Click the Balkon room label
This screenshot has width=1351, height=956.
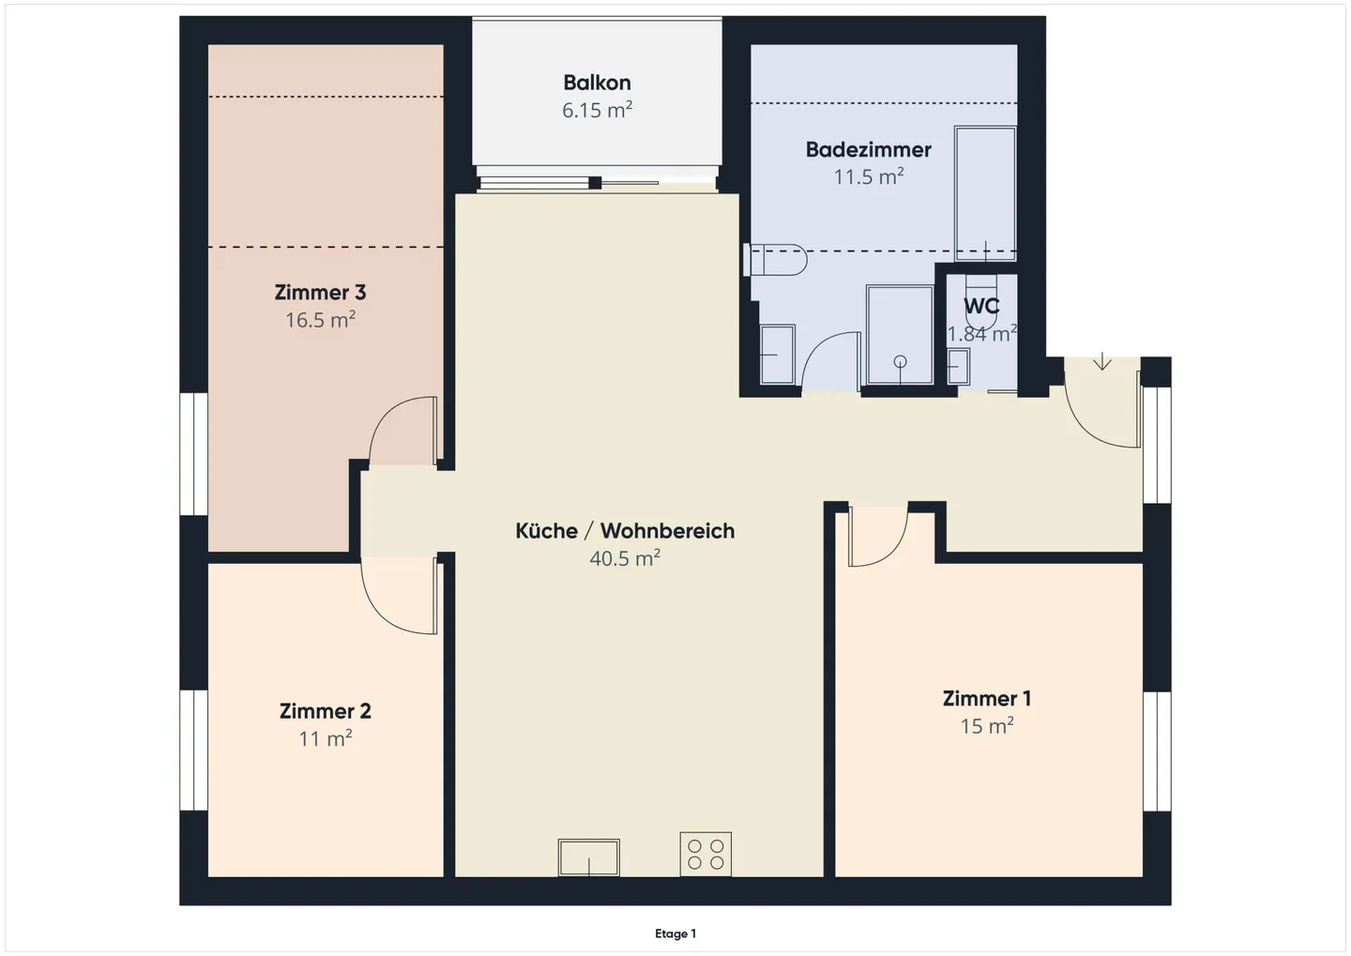[597, 83]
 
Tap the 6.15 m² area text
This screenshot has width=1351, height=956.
[597, 110]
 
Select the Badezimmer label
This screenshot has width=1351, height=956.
[869, 149]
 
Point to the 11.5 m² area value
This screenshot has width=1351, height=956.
[869, 176]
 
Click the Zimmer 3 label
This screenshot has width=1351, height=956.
[320, 293]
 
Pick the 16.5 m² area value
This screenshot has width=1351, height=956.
[320, 320]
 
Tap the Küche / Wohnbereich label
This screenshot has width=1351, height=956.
[625, 531]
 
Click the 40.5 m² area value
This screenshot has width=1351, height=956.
[625, 558]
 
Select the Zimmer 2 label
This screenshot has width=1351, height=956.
[325, 712]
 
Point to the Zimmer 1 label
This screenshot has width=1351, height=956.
[987, 698]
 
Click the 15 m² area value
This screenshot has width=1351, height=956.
[987, 725]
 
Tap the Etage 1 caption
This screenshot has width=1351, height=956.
[675, 933]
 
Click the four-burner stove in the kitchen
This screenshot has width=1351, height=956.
[706, 854]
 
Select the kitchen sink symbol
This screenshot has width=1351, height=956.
[588, 857]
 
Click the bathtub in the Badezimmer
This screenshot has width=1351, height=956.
[985, 193]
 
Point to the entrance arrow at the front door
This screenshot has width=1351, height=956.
[1102, 360]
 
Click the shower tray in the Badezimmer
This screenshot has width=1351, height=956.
[900, 335]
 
